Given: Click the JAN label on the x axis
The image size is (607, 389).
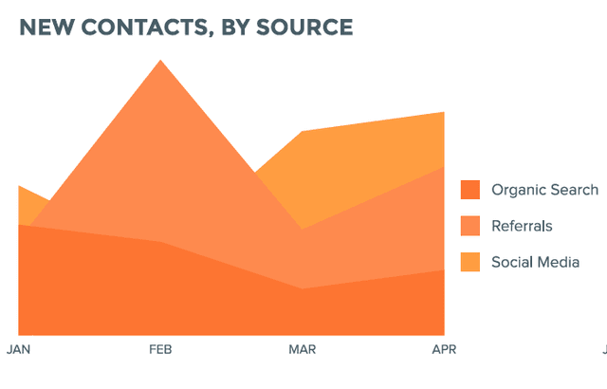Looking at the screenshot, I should pos(18,350).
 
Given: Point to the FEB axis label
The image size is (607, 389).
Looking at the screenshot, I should pos(160,350).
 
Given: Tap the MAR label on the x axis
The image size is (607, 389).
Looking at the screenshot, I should pos(302,350).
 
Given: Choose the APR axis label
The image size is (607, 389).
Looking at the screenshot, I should pos(444,350).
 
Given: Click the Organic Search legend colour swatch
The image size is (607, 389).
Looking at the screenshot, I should pos(470,190).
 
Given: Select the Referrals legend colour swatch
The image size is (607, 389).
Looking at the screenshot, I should pos(470,226).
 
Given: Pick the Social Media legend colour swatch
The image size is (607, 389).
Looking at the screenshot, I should pos(470,262).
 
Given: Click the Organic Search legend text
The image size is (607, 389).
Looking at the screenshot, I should pos(544,190).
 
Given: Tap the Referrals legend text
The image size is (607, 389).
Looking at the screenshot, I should pos(522,226).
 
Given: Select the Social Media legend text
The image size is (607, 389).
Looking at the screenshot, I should pos(535,262).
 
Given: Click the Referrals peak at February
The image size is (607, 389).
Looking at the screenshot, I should pos(160,61).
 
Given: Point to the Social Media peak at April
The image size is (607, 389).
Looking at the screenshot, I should pos(443,113).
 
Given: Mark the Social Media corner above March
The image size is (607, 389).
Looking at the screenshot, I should pos(302,132).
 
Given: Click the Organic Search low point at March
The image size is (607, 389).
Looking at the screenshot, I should pos(302,288).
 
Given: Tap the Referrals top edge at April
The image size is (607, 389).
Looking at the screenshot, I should pos(443,168).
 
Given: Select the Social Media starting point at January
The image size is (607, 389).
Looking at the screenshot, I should pos(19,186).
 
